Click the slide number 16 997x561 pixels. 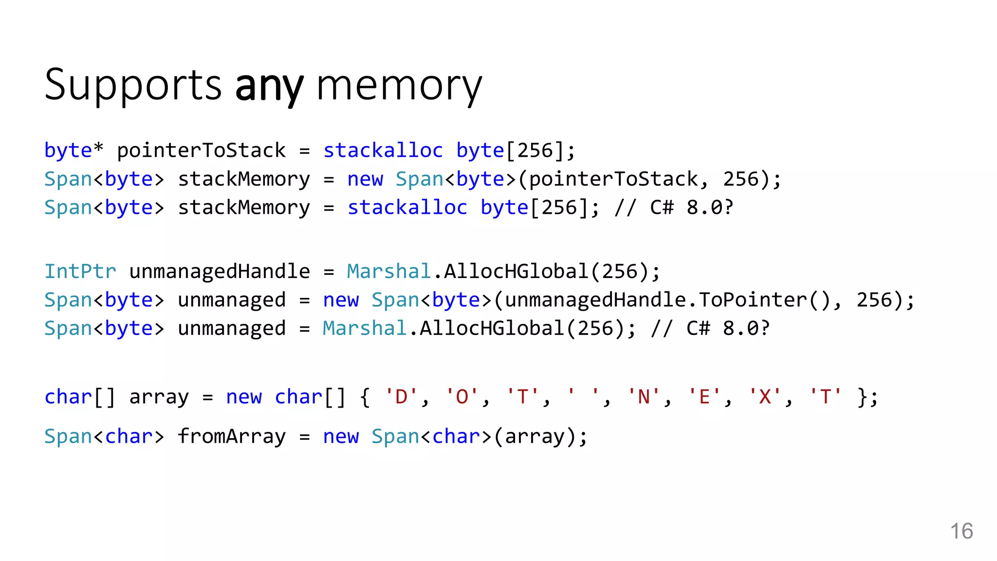[x=961, y=531]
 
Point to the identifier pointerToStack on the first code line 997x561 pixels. [x=201, y=150]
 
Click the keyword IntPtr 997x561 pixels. [x=80, y=271]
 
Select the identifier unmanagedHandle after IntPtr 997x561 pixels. [x=220, y=271]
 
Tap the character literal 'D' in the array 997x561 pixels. [x=401, y=397]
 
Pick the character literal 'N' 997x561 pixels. [x=644, y=397]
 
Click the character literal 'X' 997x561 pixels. [x=765, y=397]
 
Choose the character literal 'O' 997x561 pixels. [x=462, y=397]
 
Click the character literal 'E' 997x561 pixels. [x=704, y=397]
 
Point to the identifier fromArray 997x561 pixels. [x=232, y=436]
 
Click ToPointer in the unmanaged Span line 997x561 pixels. [x=753, y=300]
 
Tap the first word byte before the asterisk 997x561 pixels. [x=68, y=150]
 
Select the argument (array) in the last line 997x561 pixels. [x=535, y=436]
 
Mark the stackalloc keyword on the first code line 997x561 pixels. [x=383, y=150]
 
